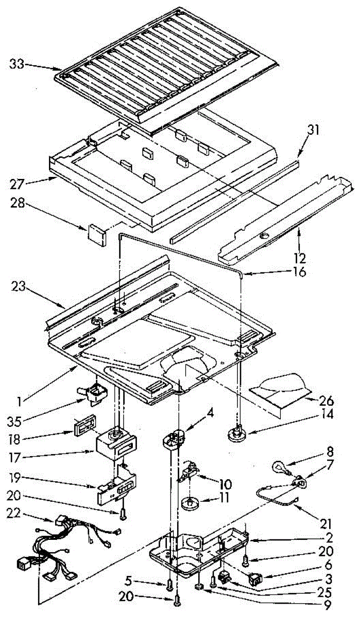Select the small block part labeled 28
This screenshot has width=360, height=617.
(96, 232)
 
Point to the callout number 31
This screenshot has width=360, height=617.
(314, 130)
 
